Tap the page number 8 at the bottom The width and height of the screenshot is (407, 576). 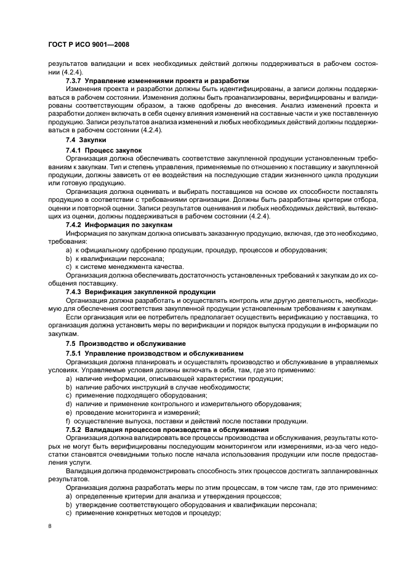coord(50,526)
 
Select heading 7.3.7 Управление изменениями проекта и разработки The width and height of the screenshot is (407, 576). coord(157,81)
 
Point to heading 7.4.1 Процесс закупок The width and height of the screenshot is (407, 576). coord(103,150)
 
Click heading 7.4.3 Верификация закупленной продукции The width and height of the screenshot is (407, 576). coord(140,291)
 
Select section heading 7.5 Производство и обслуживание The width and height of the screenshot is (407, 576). coord(125,343)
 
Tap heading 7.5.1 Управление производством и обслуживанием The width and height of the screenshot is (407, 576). coord(155,353)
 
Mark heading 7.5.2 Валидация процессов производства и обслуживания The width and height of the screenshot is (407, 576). coord(166,429)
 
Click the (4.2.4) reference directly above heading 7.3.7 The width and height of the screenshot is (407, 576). coord(62,71)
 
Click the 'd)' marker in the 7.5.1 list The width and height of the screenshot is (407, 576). coord(68,404)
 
